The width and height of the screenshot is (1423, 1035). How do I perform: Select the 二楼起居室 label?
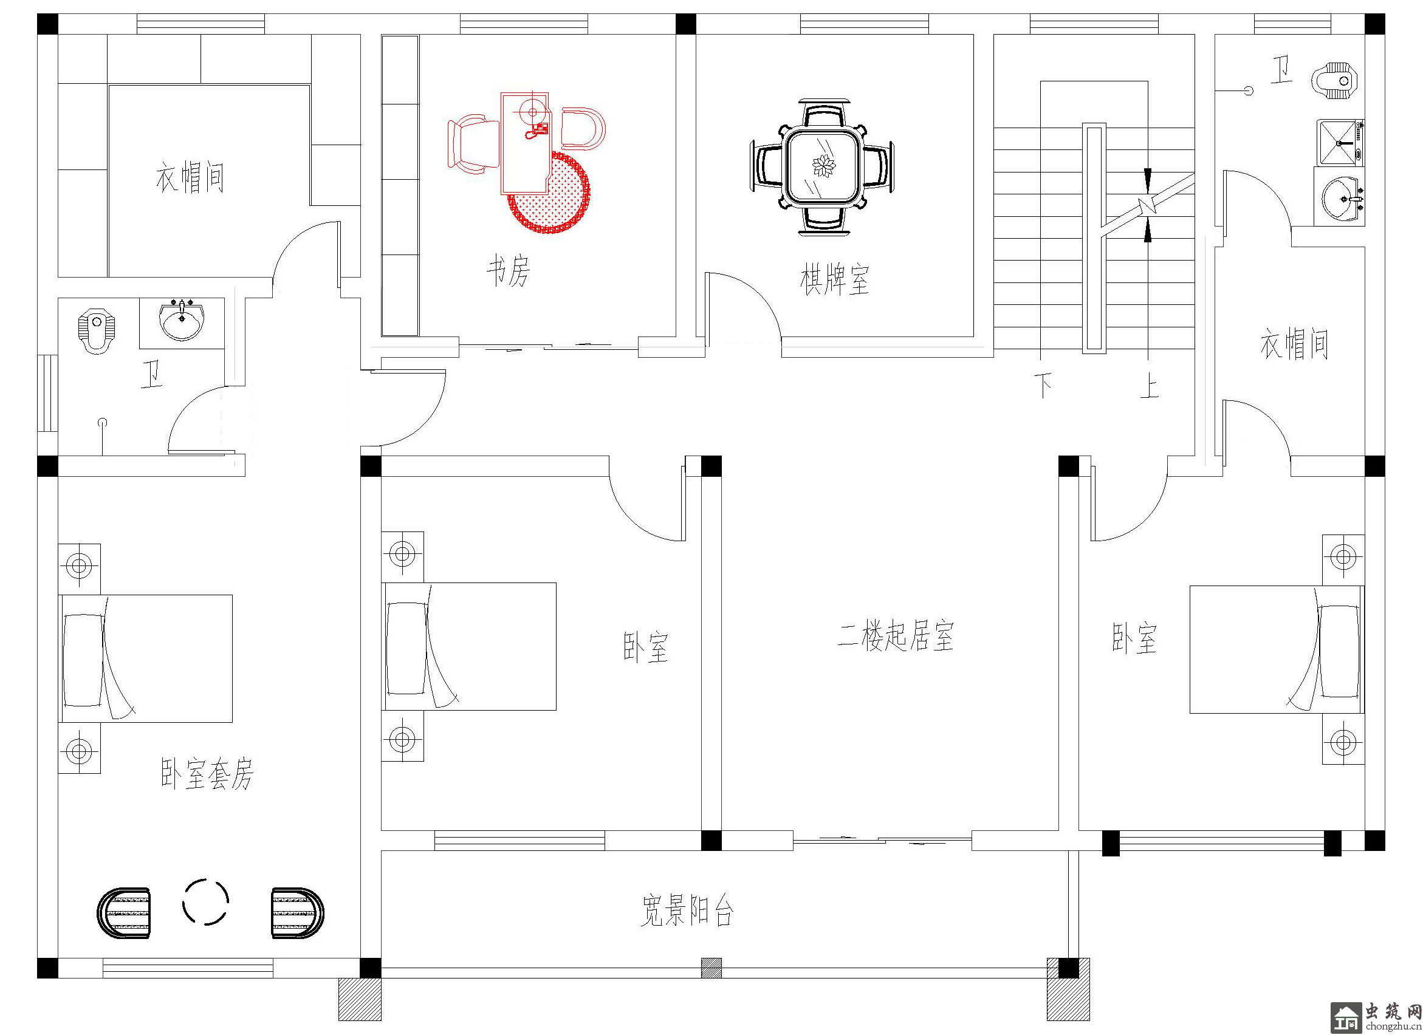pyautogui.click(x=896, y=636)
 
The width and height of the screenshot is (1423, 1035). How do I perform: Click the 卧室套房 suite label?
pyautogui.click(x=207, y=773)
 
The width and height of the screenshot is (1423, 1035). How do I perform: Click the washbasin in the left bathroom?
pyautogui.click(x=182, y=322)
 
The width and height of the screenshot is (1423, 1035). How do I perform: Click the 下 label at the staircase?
pyautogui.click(x=1043, y=384)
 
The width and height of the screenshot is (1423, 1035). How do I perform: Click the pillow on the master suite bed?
pyautogui.click(x=82, y=659)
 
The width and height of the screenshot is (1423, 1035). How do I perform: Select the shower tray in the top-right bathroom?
pyautogui.click(x=1340, y=143)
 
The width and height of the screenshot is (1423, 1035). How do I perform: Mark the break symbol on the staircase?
pyautogui.click(x=1148, y=205)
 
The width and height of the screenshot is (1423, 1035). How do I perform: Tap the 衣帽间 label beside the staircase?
pyautogui.click(x=1294, y=344)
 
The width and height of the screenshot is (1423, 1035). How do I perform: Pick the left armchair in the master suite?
pyautogui.click(x=124, y=913)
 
